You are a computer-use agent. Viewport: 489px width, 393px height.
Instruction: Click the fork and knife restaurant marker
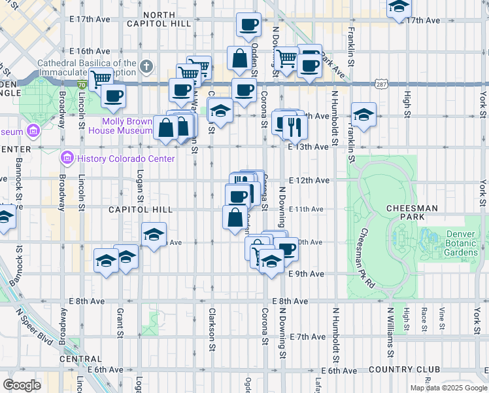pos(295,126)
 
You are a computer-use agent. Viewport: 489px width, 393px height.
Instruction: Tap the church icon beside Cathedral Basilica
pos(146,66)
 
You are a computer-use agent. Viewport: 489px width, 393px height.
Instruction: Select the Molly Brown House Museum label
pos(118,126)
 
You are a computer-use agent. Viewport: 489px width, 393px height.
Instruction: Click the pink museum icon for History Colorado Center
pos(66,158)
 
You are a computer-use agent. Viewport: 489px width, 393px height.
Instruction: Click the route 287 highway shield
pos(383,84)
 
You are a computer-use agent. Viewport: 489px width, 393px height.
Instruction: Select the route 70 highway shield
pos(81,84)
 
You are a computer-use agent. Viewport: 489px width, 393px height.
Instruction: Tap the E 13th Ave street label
pos(307,147)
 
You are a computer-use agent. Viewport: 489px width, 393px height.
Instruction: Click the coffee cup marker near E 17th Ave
pos(248,25)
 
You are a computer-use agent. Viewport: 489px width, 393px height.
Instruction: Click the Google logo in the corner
pos(22,385)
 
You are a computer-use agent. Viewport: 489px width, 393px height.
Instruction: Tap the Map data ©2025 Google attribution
pos(448,388)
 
